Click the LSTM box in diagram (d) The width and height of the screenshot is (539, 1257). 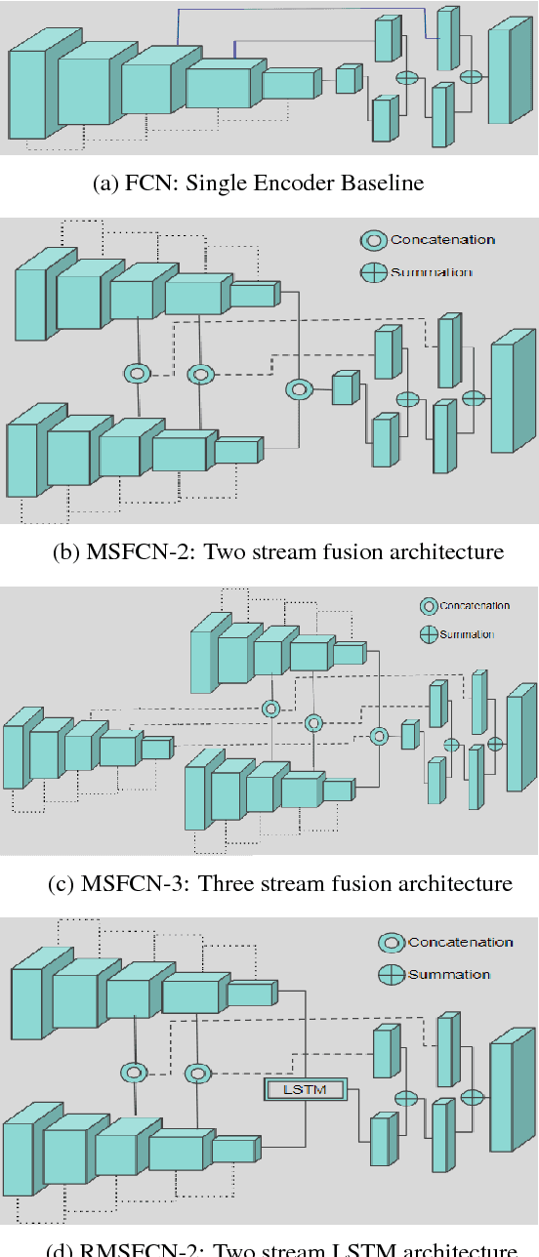304,1089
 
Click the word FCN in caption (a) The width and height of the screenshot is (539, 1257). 143,183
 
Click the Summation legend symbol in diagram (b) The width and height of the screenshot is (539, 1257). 374,273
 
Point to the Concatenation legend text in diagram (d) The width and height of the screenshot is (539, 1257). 460,943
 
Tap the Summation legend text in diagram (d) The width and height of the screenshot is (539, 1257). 448,975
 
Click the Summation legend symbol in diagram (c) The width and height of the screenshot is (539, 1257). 428,634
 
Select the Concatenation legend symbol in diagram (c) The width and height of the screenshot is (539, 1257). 428,606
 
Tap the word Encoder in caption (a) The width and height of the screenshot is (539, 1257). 303,183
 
